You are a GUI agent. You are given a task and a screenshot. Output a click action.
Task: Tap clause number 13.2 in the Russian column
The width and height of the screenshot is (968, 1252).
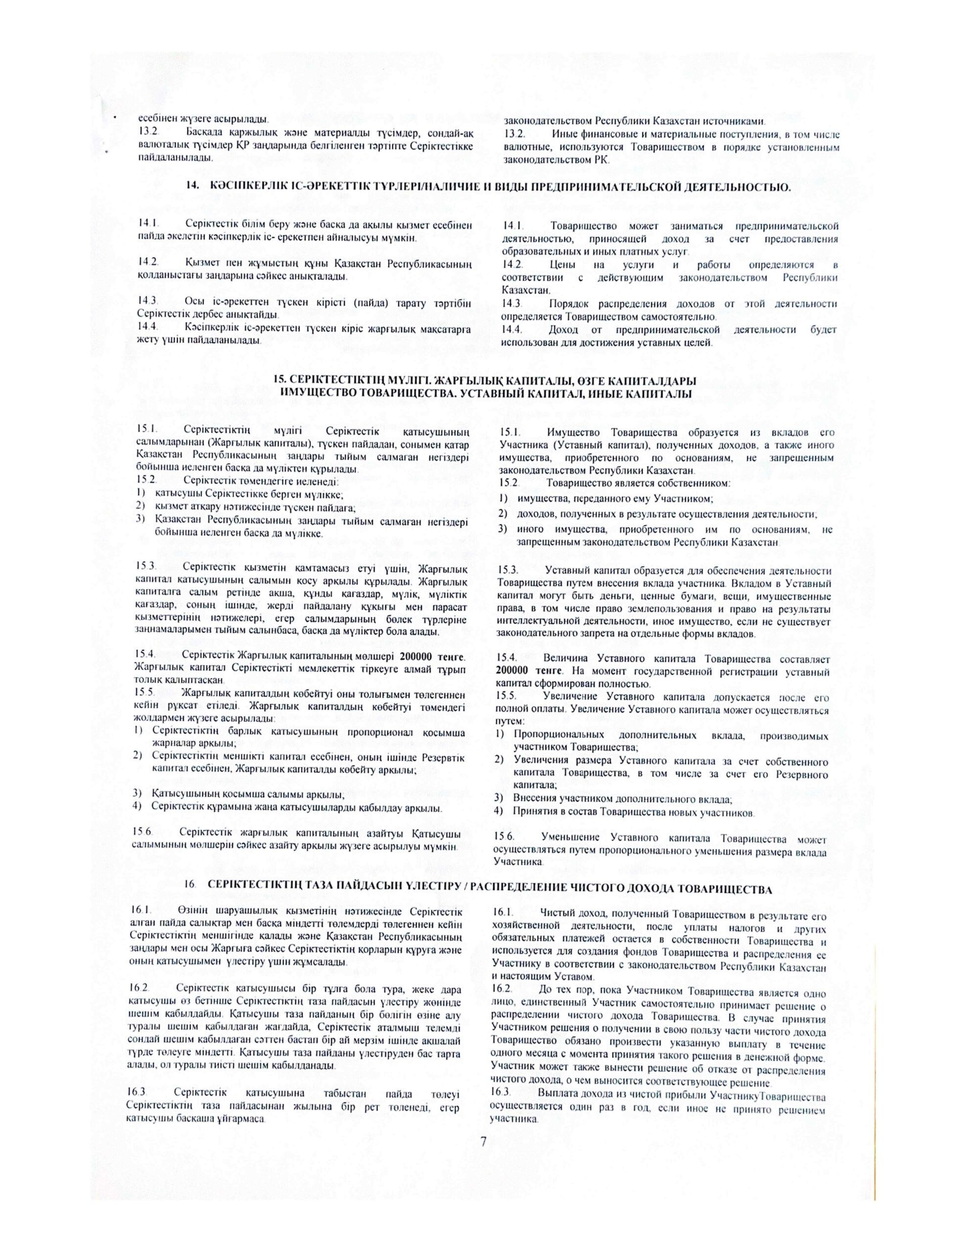[x=515, y=134]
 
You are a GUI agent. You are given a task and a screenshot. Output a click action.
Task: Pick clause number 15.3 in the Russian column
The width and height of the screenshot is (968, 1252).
[x=508, y=570]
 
